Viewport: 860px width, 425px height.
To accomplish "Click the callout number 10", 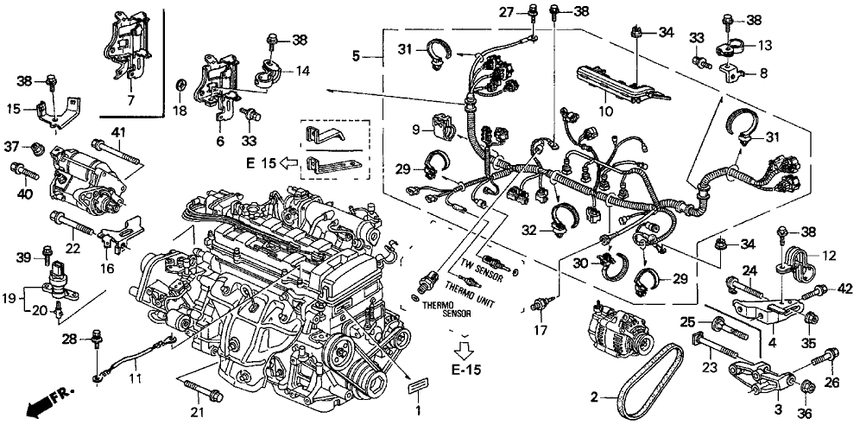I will [607, 111].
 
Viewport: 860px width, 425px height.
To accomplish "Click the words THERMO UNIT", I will [471, 285].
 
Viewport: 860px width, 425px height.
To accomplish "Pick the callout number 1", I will [418, 409].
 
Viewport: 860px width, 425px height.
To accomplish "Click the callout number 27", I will [505, 11].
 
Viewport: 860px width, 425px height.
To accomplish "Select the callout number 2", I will [593, 396].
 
